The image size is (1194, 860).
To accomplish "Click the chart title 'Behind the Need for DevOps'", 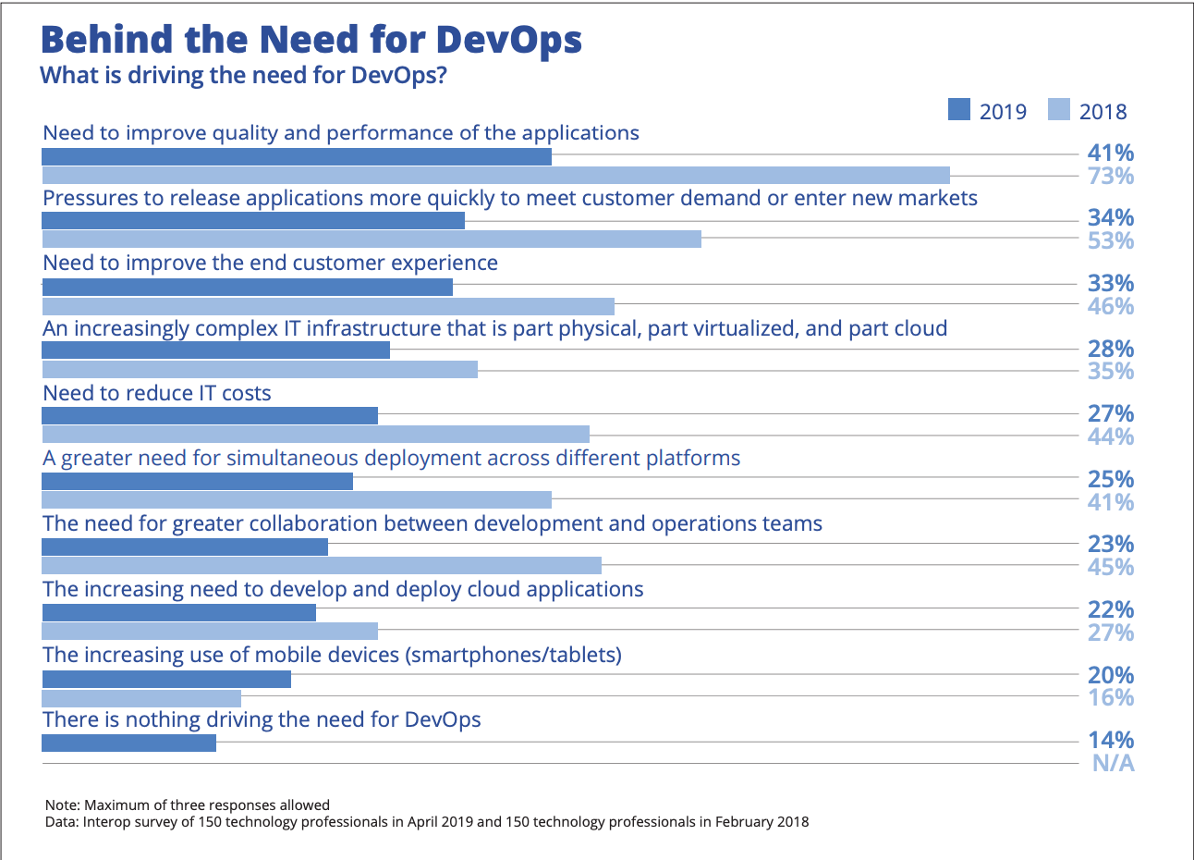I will click(x=311, y=40).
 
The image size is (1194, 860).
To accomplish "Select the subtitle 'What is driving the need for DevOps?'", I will click(x=243, y=75).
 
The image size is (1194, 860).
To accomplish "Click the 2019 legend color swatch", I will click(x=958, y=110).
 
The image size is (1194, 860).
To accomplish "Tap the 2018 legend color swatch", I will click(x=1058, y=110).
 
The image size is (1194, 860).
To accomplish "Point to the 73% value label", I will click(x=1110, y=176).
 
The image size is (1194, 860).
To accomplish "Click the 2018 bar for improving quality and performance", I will click(x=495, y=175).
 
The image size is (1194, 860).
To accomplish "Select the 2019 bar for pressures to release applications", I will click(x=253, y=221).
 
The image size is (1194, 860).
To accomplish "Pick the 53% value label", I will click(x=1110, y=240).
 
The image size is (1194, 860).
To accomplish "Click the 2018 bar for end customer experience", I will click(x=328, y=306).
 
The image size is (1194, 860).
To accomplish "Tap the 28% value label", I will click(x=1110, y=349).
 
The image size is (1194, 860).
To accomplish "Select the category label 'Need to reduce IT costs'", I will click(x=157, y=393).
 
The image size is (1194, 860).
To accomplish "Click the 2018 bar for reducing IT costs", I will click(x=315, y=434).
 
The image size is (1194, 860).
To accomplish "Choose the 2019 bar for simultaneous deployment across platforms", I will click(x=197, y=481).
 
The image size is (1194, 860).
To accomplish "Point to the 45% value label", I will click(x=1110, y=567).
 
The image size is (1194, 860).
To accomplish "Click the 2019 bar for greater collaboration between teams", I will click(x=185, y=547).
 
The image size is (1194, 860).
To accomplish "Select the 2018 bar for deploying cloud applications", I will click(x=210, y=631).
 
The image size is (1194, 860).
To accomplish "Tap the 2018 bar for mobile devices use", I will click(x=141, y=698).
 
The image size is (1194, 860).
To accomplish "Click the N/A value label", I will click(x=1113, y=763).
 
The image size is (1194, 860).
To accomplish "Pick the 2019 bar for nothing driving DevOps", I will click(x=128, y=743).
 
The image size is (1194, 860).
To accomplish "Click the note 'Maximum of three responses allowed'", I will click(x=188, y=805).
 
